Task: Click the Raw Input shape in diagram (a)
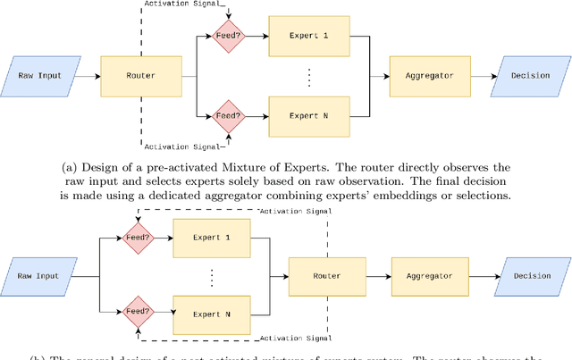pyautogui.click(x=40, y=76)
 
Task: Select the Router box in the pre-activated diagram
pyautogui.click(x=141, y=76)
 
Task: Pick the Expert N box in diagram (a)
pyautogui.click(x=307, y=114)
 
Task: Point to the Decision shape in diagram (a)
pyautogui.click(x=529, y=76)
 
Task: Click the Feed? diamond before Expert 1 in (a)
pyautogui.click(x=225, y=38)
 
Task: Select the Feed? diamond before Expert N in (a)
pyautogui.click(x=225, y=114)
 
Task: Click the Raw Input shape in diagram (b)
pyautogui.click(x=40, y=276)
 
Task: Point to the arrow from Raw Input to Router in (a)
pyautogui.click(x=89, y=76)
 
